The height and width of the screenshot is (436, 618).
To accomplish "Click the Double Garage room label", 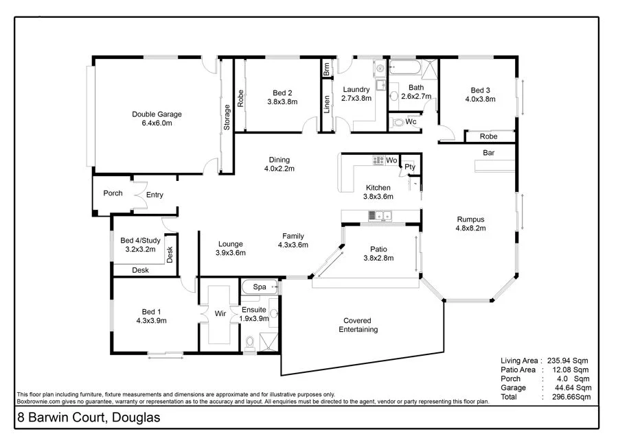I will [157, 114].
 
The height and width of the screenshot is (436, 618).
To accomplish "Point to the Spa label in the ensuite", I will [260, 287].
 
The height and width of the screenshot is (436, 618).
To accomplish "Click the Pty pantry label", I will [410, 167].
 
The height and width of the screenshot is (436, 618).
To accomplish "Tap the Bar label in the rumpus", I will [489, 153].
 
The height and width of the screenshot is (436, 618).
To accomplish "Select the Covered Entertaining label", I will [358, 325].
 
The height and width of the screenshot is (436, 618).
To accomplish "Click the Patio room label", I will [378, 250].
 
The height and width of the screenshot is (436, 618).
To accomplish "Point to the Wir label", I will [220, 313].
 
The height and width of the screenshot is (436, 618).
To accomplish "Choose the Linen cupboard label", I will [327, 104].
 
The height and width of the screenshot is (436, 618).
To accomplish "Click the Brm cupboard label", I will [327, 69].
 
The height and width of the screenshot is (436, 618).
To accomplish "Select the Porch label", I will [113, 193].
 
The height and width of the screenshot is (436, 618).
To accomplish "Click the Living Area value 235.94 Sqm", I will [567, 360].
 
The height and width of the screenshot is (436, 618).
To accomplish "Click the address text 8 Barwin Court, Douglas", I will [87, 417].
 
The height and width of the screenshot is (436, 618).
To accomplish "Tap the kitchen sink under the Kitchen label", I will [378, 216].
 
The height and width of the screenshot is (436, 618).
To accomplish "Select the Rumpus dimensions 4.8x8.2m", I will [471, 229].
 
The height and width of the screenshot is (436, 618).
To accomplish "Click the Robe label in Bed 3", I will [489, 136].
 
